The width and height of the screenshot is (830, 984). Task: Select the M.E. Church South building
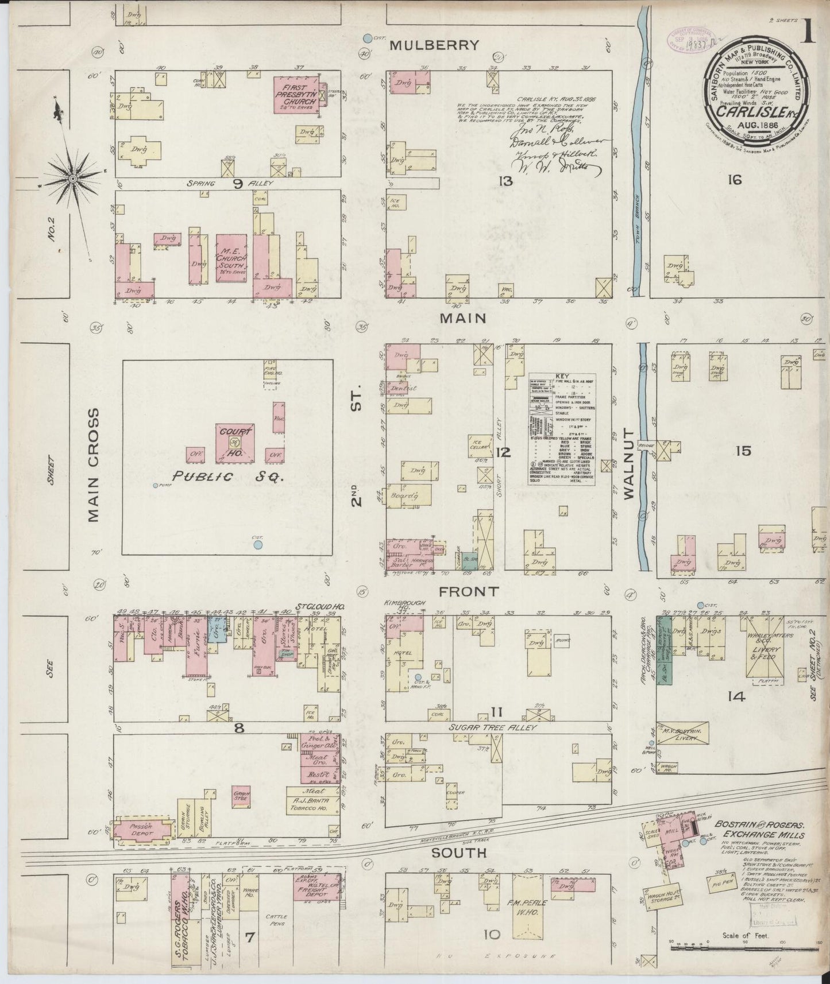231,258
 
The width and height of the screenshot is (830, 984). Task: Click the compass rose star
74,179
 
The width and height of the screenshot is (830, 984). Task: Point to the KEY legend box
562,429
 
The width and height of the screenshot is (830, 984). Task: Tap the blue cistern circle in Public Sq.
258,544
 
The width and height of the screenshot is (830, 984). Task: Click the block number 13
505,182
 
